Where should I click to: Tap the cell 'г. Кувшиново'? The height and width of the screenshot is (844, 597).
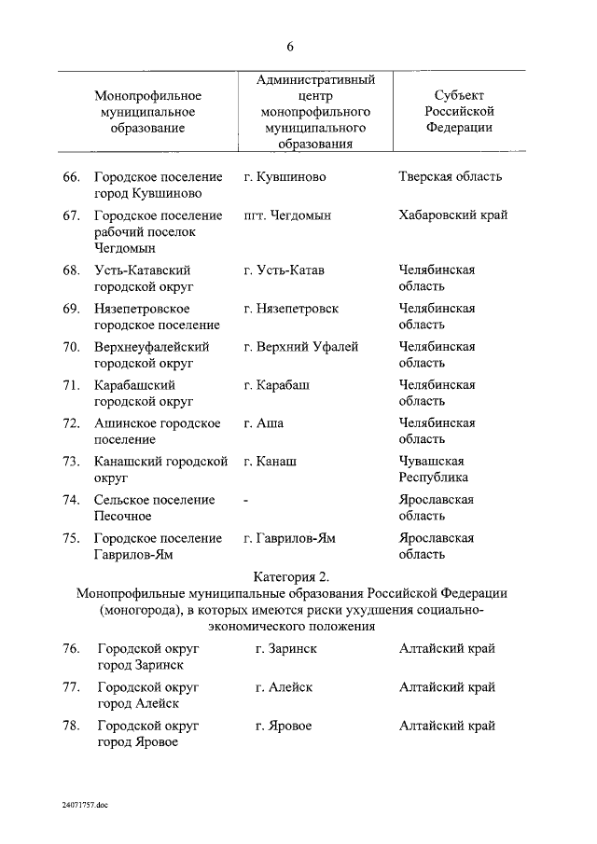tap(285, 176)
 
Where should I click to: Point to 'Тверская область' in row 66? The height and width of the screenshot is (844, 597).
tap(450, 176)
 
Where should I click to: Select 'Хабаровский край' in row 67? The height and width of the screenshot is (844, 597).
tap(452, 215)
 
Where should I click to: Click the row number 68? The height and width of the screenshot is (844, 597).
tap(71, 270)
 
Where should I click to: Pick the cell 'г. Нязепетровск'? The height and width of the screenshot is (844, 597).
tap(290, 309)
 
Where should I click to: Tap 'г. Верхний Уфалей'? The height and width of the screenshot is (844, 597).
tap(300, 347)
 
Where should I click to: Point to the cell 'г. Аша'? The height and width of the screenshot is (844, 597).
tap(263, 423)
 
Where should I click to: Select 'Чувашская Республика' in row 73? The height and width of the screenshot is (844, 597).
tap(434, 469)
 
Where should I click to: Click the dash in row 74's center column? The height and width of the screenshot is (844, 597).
tap(245, 500)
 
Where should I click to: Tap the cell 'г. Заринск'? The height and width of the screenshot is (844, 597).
tap(285, 649)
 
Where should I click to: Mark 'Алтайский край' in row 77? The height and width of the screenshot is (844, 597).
tap(447, 687)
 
